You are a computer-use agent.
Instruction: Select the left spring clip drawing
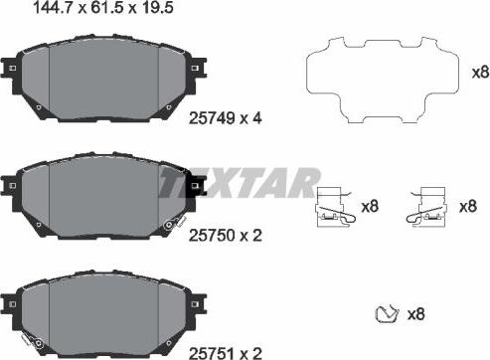334,206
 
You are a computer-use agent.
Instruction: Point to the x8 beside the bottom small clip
417,314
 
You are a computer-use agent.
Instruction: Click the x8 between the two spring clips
370,205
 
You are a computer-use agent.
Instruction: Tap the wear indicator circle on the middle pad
168,227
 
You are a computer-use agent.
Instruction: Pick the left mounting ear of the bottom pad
11,300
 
